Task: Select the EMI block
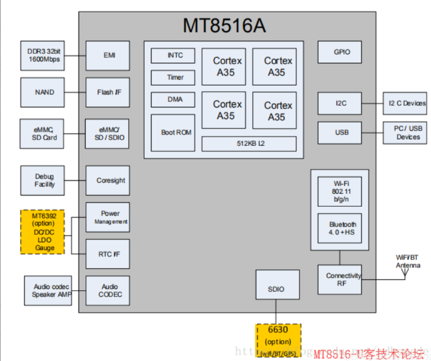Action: [x=108, y=55]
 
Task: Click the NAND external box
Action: [x=44, y=92]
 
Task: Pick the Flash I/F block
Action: [x=108, y=92]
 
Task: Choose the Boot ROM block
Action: [x=176, y=132]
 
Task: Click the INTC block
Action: [x=174, y=55]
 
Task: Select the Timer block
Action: [x=174, y=77]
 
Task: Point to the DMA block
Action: [x=174, y=100]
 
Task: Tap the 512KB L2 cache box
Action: [x=249, y=144]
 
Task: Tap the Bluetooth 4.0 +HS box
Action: [x=339, y=228]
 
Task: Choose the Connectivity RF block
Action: [x=339, y=279]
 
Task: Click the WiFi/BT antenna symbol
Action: [x=406, y=271]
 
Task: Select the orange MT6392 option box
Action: [x=43, y=231]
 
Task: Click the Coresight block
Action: [x=108, y=180]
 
